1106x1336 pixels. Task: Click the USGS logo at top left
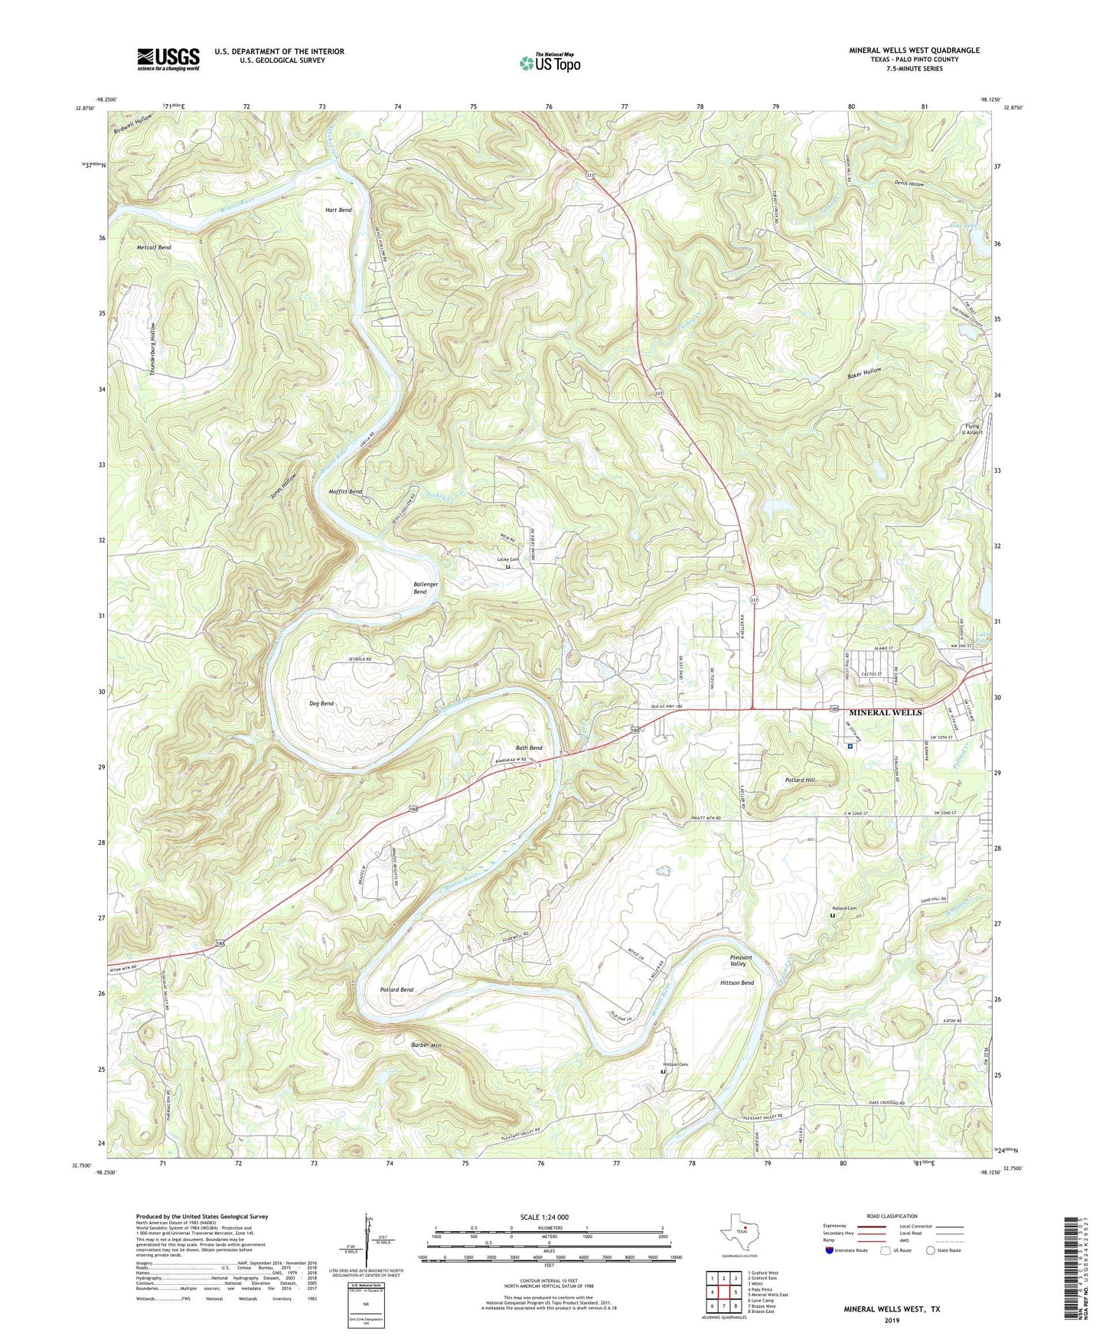168,59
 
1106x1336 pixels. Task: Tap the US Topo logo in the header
550,63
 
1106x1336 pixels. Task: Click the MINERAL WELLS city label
885,712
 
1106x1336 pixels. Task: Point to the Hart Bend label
338,210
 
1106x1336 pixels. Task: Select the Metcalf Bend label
154,248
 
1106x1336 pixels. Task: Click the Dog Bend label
321,703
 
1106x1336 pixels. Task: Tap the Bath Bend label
529,748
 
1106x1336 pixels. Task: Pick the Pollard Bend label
396,989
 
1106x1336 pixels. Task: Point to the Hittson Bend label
737,982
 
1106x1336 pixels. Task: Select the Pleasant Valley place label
740,961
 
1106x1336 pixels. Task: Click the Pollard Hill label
800,780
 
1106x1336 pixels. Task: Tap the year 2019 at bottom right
892,1320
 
